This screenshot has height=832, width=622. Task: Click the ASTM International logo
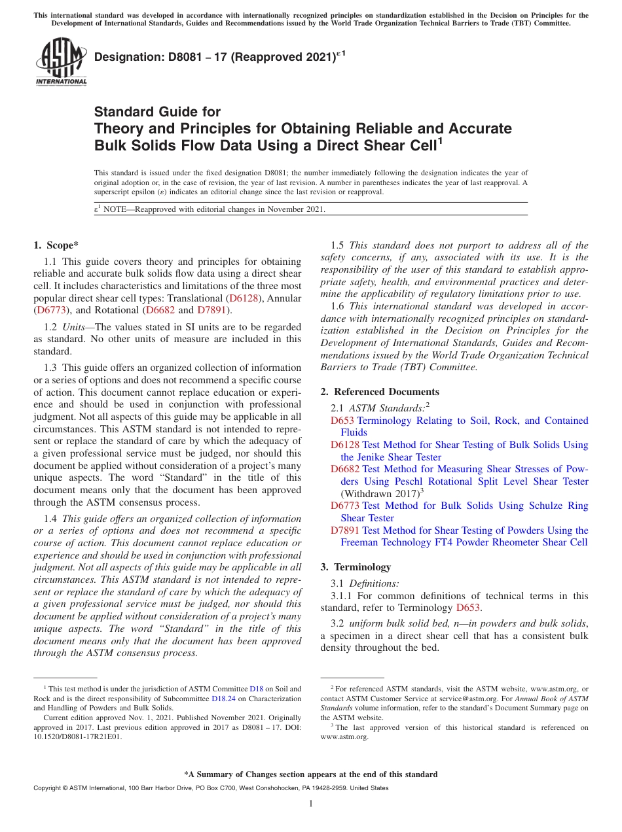pos(61,61)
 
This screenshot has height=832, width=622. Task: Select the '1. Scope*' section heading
pos(56,246)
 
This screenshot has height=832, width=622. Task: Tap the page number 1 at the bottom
pos(311,804)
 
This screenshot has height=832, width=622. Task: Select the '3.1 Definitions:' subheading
pos(365,583)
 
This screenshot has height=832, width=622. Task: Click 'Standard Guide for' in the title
pos(158,112)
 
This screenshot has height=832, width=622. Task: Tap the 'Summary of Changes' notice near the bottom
pos(310,774)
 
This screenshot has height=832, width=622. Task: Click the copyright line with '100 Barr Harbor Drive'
pos(210,788)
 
